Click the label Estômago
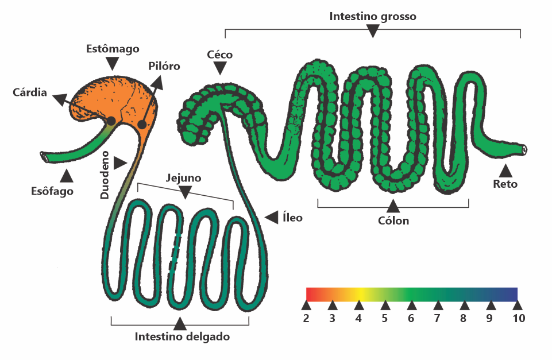[113, 49]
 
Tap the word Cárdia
[29, 92]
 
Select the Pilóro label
[164, 66]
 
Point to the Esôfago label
[52, 191]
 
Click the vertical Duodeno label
[105, 175]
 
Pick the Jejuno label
[183, 178]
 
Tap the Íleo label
[292, 218]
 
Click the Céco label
[219, 55]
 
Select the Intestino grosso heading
[373, 16]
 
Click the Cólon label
[393, 220]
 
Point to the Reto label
[505, 184]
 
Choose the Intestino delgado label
[182, 336]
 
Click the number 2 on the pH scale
[306, 318]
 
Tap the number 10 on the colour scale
[519, 318]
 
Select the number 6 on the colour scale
[411, 318]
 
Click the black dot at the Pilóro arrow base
[142, 125]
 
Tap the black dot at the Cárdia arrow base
[111, 121]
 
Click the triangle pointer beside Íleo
[272, 218]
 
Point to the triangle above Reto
[506, 171]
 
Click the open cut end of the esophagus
[44, 157]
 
